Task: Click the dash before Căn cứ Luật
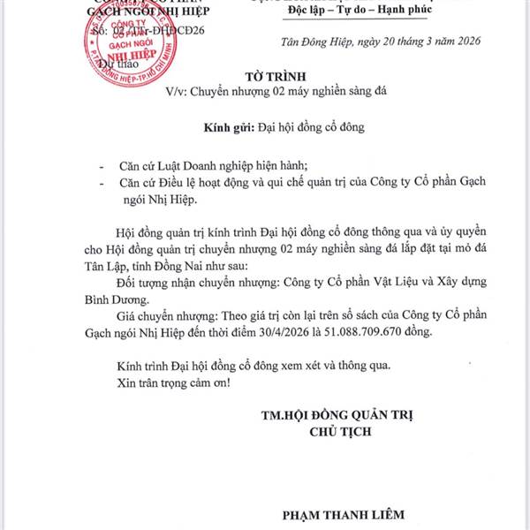102,165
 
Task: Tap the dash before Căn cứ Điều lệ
102,182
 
